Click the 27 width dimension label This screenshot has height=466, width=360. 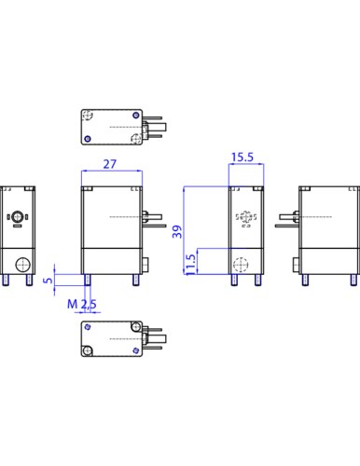110,164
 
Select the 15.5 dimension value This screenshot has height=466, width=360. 242,158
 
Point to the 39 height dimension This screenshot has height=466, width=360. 177,232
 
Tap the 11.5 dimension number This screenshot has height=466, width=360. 190,265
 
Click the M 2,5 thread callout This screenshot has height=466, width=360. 82,304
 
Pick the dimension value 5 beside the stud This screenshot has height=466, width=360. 48,280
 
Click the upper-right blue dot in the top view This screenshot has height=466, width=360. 136,116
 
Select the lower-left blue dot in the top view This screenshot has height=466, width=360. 88,139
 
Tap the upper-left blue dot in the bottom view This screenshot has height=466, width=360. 88,327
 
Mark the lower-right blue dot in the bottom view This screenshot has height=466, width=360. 135,350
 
